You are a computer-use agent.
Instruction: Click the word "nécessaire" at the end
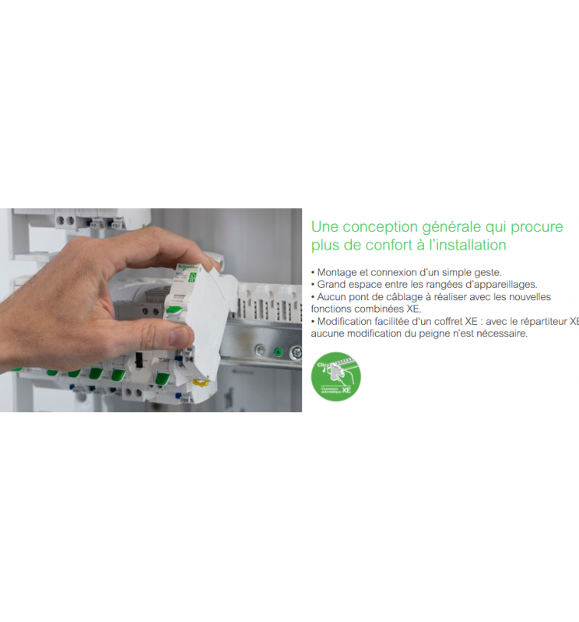pyautogui.click(x=501, y=334)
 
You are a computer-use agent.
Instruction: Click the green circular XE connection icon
pyautogui.click(x=335, y=376)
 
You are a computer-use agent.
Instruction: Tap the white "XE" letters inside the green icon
pyautogui.click(x=346, y=391)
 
